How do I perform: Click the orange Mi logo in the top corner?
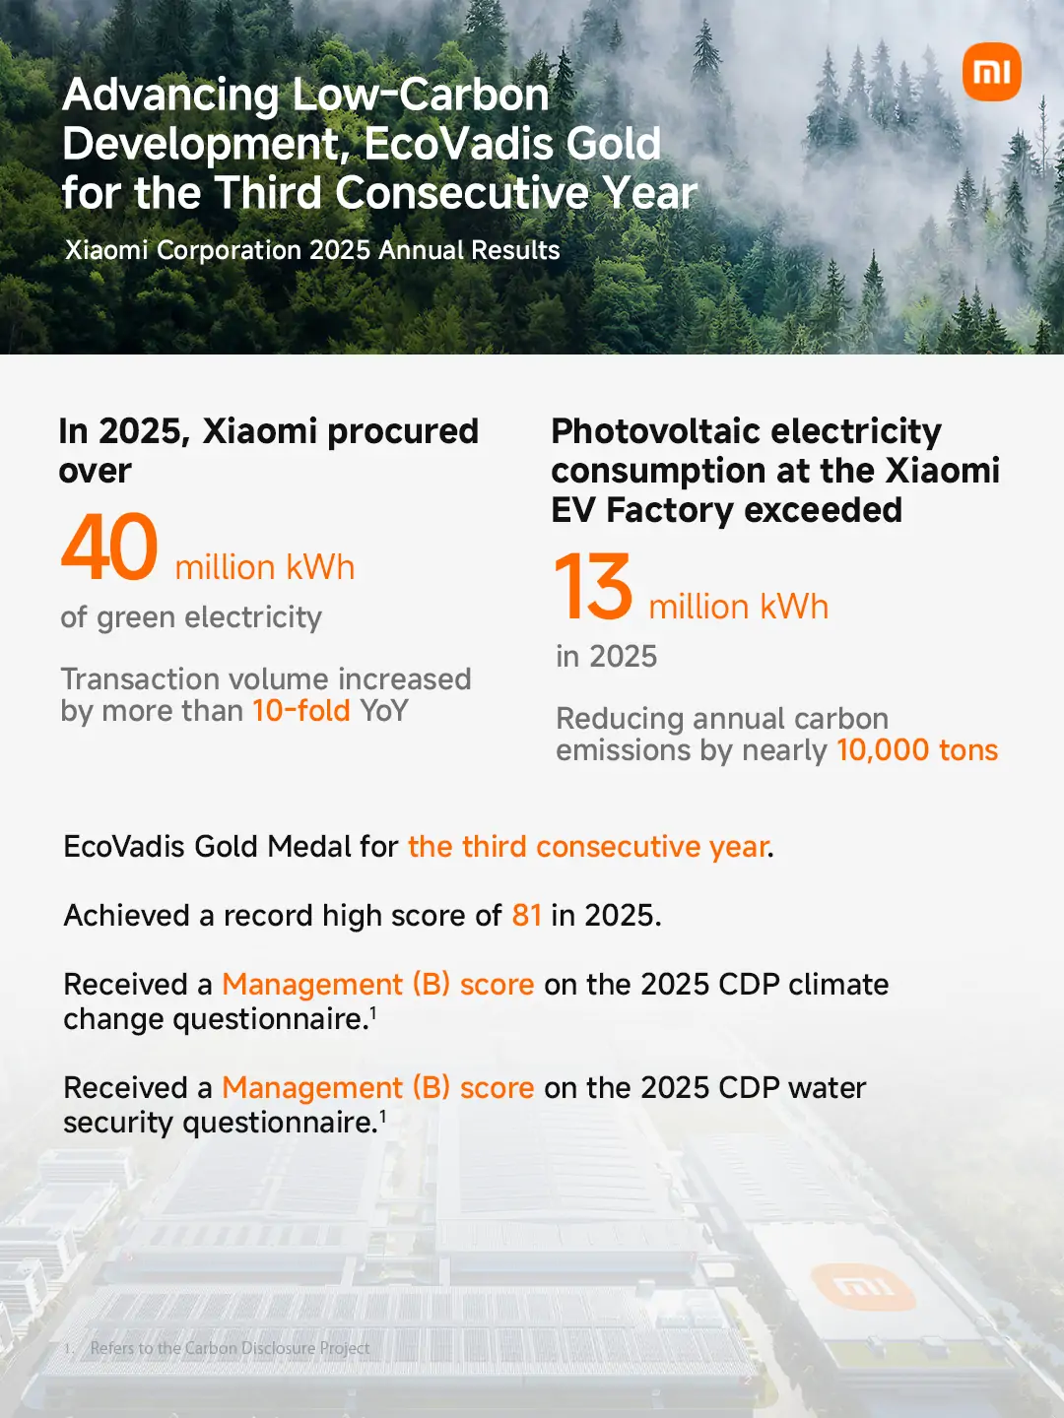pos(992,72)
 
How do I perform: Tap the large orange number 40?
pos(109,548)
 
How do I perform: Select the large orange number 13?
pos(593,587)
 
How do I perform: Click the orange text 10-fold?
pos(301,711)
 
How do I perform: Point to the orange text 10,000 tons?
pos(917,750)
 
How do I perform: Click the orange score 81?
pos(526,916)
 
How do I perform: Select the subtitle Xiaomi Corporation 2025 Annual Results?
pos(312,250)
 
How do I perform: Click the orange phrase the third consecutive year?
pos(588,846)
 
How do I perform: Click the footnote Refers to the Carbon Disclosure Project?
pos(230,1348)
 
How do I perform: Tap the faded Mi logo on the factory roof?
pos(862,1287)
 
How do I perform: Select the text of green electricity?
pos(191,618)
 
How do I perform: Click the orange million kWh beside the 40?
pos(265,568)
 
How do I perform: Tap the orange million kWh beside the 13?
pos(739,608)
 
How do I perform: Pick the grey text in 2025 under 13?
pos(607,657)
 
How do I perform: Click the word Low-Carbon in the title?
pos(421,95)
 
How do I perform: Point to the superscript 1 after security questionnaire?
pos(382,1115)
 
